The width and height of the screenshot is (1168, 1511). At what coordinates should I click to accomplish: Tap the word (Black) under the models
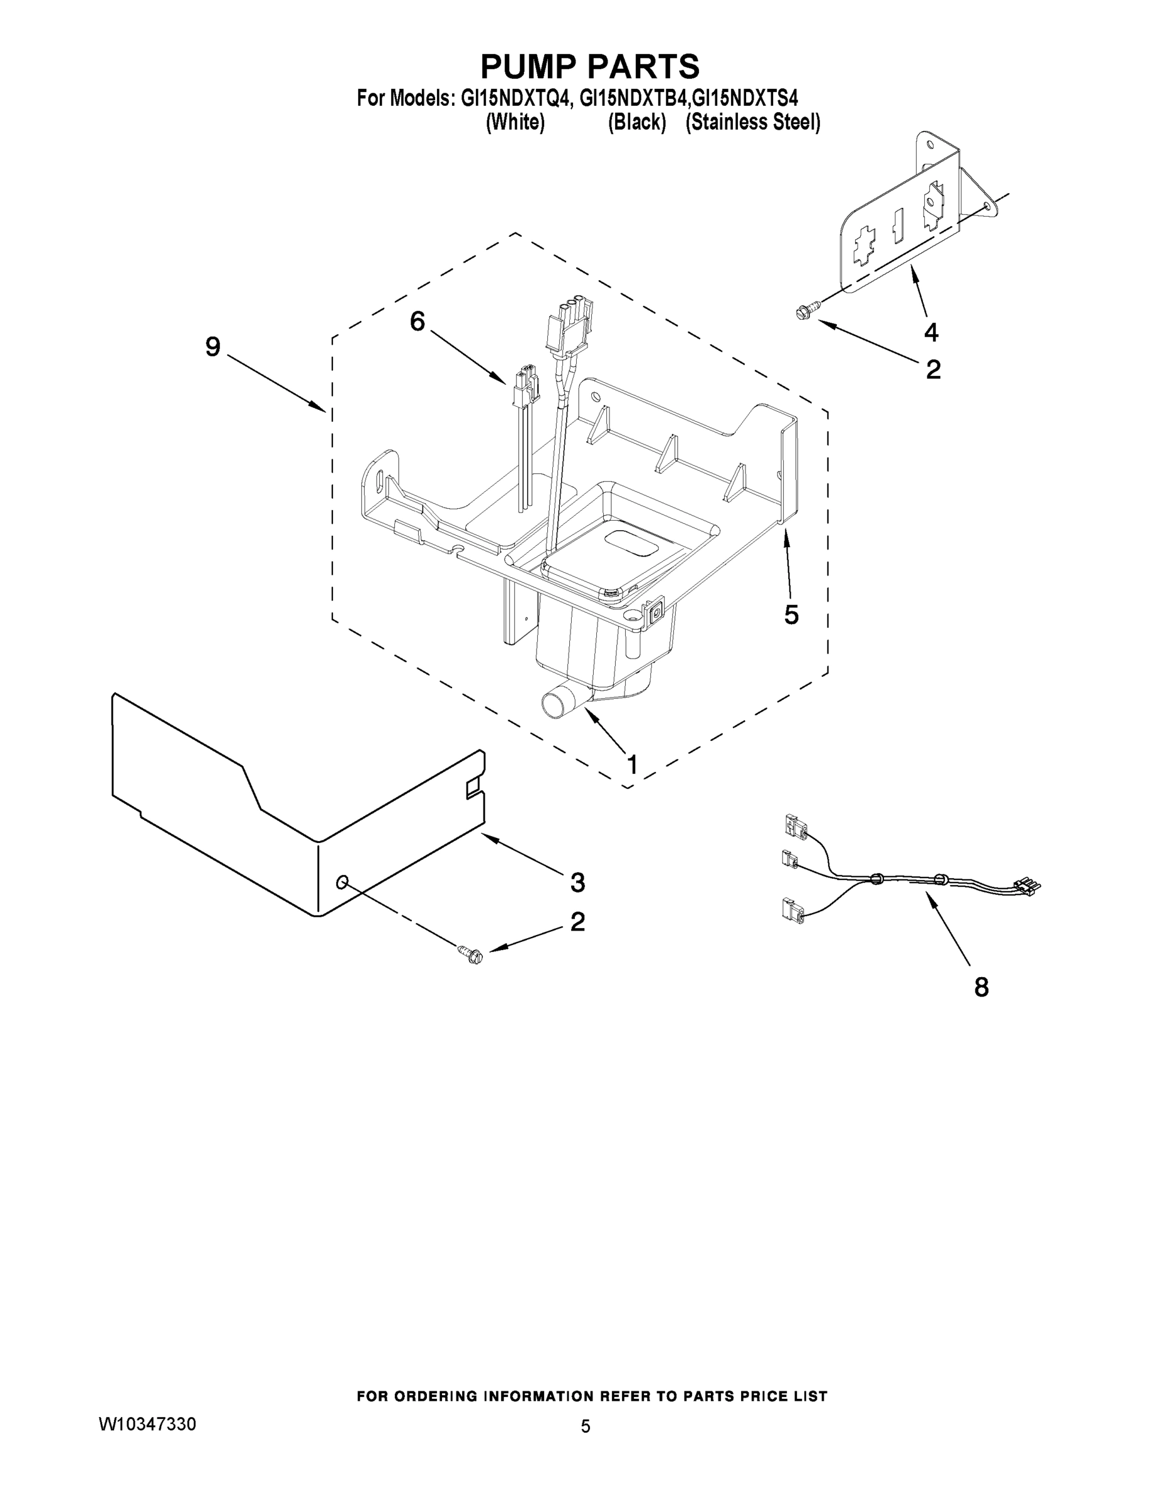[x=637, y=123]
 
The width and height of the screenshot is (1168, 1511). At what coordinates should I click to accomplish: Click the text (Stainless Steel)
[x=753, y=123]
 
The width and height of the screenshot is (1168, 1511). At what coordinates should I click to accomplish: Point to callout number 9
[x=212, y=347]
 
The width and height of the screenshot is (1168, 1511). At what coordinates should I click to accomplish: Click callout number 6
[x=417, y=321]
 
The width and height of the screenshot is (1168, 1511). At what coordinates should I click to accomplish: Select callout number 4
[x=931, y=333]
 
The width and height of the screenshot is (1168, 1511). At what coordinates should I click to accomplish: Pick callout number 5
[x=791, y=614]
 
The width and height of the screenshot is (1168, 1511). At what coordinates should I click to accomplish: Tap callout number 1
[x=631, y=764]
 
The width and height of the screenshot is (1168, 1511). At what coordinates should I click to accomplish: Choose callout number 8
[x=981, y=987]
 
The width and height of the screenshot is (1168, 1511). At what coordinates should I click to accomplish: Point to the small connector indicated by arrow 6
[x=525, y=392]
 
